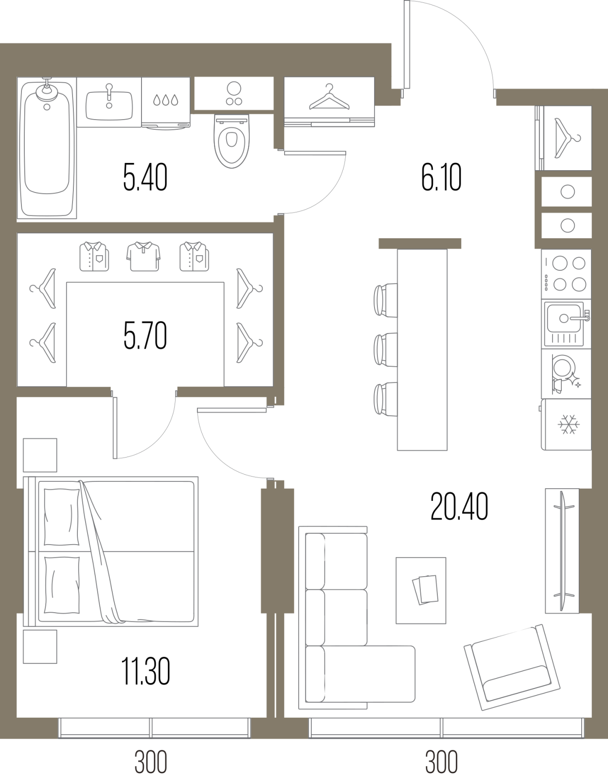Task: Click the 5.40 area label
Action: coord(145,177)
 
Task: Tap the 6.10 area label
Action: coord(441,177)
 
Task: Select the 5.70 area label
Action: coord(145,336)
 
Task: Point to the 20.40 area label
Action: coord(459,506)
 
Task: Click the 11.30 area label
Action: coord(145,671)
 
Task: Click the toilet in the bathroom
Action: coord(232,141)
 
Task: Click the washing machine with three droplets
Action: coord(165,103)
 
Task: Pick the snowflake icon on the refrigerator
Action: coord(569,424)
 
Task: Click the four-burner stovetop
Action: coord(566,274)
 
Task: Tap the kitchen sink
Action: coord(566,324)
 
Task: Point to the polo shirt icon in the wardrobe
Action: coord(143,256)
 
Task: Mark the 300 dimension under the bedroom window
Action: coord(151,762)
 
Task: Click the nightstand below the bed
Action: coord(40,647)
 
